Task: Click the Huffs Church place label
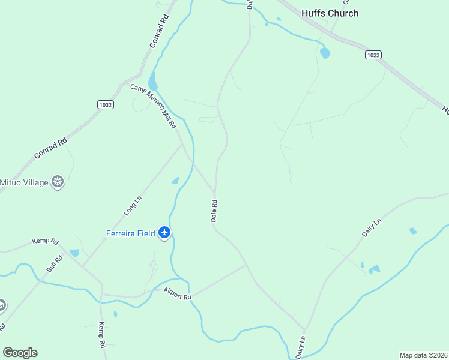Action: [x=330, y=13]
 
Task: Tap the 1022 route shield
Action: [x=373, y=55]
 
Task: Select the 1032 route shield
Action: [x=105, y=104]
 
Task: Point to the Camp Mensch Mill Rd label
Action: [x=154, y=106]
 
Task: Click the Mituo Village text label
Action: [x=24, y=182]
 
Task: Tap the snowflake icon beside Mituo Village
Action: [x=58, y=182]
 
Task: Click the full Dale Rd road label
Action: [x=214, y=211]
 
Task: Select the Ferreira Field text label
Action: [x=131, y=233]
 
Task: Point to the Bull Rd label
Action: [x=55, y=263]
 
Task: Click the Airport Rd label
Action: [x=177, y=293]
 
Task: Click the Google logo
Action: [x=20, y=353]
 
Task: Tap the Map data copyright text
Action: [x=423, y=355]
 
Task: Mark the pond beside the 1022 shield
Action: [x=325, y=53]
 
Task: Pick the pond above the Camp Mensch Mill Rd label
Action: [x=152, y=81]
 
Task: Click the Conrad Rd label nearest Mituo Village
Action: [x=49, y=146]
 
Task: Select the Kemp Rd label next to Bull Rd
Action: [x=46, y=242]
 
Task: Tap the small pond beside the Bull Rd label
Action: [x=74, y=253]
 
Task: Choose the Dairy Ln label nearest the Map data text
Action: [x=300, y=347]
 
